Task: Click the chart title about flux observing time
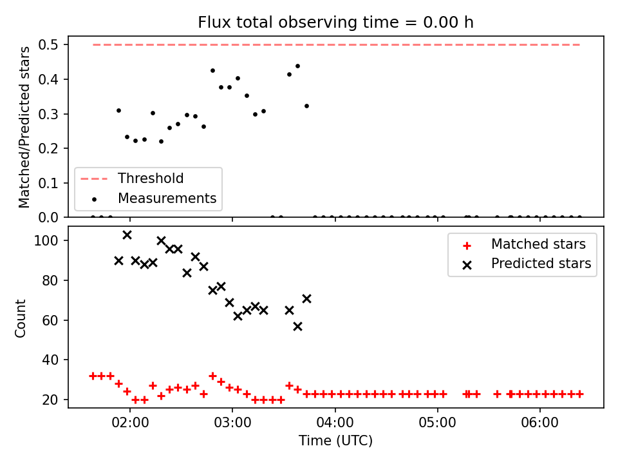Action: (x=335, y=23)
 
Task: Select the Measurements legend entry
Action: (x=154, y=198)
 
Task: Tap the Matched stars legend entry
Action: (x=524, y=244)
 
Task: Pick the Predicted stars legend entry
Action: (x=527, y=264)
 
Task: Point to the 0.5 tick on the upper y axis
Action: (x=48, y=44)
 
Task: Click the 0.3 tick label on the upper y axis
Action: (x=48, y=114)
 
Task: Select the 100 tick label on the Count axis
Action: (x=46, y=240)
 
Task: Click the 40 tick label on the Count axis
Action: (x=50, y=360)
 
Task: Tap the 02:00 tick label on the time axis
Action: (x=130, y=423)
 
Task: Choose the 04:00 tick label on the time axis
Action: (x=335, y=423)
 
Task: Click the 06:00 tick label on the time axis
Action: (x=539, y=423)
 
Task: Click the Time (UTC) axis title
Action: (x=335, y=440)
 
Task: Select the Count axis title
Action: (x=20, y=318)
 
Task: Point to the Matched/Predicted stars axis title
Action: (x=24, y=127)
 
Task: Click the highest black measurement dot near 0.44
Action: (x=297, y=66)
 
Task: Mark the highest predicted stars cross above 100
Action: (x=127, y=235)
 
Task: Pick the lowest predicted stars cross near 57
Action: (x=297, y=326)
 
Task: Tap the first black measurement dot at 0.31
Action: (x=118, y=110)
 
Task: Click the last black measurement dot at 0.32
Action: (x=306, y=106)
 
